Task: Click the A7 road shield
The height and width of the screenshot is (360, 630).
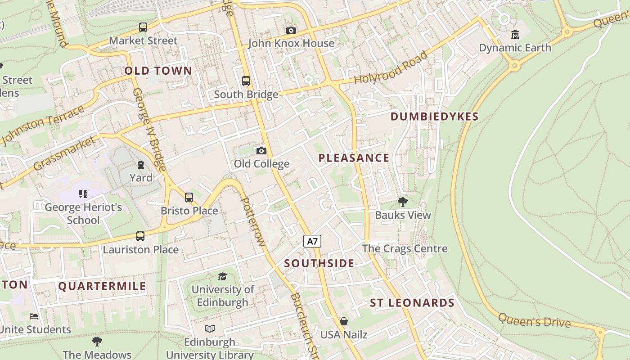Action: (312, 241)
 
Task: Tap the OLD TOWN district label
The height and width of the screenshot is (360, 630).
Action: (158, 71)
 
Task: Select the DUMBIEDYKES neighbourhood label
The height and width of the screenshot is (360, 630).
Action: (434, 117)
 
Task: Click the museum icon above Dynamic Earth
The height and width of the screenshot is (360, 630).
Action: (515, 35)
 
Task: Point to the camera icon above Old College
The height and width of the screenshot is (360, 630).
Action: (261, 151)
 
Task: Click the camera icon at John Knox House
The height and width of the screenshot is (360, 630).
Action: (291, 30)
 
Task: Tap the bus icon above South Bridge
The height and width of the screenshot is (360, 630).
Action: (246, 81)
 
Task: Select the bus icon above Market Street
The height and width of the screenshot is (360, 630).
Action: (143, 27)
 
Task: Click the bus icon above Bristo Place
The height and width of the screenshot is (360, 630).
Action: (189, 197)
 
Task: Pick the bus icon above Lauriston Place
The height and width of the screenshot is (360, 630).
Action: (140, 236)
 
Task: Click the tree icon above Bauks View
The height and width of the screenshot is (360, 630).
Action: (403, 202)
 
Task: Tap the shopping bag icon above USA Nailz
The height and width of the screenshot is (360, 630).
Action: (344, 321)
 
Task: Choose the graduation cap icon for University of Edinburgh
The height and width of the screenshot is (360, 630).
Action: (222, 276)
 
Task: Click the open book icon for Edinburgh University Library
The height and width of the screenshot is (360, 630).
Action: (210, 328)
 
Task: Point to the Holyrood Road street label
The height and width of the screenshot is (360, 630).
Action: (391, 67)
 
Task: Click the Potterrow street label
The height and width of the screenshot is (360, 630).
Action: (253, 221)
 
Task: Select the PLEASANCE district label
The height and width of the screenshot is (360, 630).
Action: (354, 158)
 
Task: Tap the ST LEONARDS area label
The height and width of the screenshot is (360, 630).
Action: (412, 303)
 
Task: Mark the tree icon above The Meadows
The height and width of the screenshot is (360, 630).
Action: (97, 341)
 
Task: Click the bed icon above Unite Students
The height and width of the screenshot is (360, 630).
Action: (34, 316)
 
